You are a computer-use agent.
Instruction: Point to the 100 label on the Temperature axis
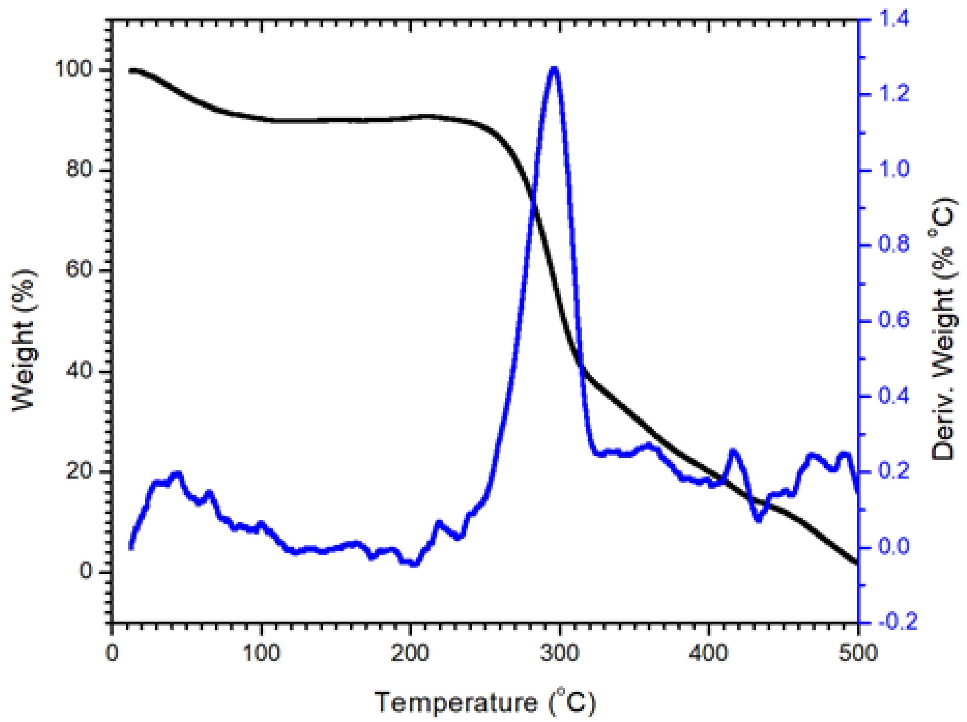point(261,654)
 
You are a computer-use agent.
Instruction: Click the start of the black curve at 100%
point(130,71)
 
